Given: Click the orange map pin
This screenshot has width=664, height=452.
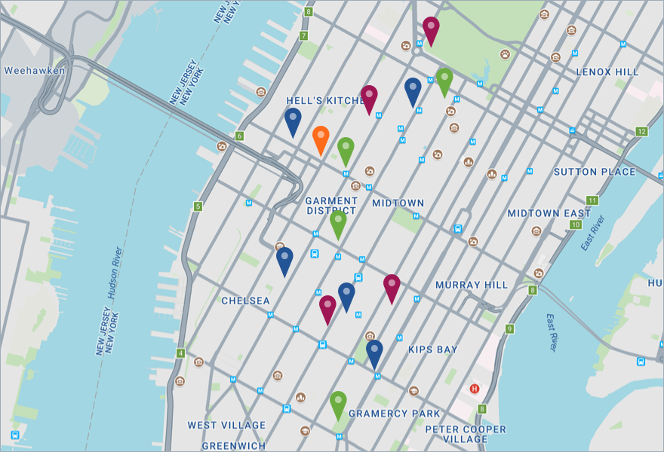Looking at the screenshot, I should coord(321,139).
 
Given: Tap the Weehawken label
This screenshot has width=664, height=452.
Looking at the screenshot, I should coord(35,71).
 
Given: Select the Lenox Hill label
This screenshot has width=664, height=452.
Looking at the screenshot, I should coord(607,72).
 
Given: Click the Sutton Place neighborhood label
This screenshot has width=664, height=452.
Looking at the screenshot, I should coord(595,172).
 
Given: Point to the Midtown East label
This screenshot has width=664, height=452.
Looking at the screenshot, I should coord(549,214).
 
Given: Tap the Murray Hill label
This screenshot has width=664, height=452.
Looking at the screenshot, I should coord(472,286).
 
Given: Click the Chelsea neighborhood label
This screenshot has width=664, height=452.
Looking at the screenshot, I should coord(245,301).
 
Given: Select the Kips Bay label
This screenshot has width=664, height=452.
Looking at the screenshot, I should coord(432,350).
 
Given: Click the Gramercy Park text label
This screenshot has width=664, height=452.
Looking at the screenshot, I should coord(394,414).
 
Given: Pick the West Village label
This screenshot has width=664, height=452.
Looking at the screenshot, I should coord(226,426).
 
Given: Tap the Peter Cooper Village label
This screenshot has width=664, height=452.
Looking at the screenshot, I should coord(466,435).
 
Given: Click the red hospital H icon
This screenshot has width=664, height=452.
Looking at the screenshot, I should coord(475,389).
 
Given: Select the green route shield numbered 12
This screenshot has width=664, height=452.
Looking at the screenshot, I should coord(642,132).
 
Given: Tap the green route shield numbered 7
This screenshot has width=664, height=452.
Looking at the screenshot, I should coord(303,35).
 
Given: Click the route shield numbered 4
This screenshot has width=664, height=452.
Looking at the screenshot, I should coord(180,353).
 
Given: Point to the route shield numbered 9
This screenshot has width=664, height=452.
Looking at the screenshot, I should coord(510,328).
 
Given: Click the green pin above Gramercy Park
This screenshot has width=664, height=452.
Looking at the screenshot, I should coord(338,403).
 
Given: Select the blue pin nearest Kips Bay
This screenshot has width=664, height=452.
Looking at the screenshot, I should coord(374,352).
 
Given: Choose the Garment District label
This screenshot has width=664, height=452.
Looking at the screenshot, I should coord(331,206).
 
